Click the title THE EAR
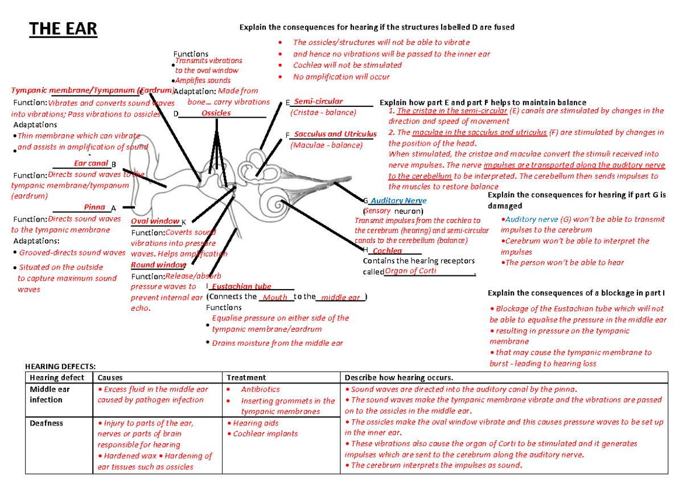pyautogui.click(x=63, y=29)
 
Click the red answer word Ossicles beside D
pyautogui.click(x=216, y=113)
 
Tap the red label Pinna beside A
pyautogui.click(x=94, y=207)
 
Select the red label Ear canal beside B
pyautogui.click(x=91, y=164)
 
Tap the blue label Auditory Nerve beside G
pyautogui.click(x=398, y=201)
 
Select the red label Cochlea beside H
pyautogui.click(x=388, y=251)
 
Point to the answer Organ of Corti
pyautogui.click(x=410, y=271)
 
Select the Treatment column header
pyautogui.click(x=246, y=377)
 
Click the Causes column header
pyautogui.click(x=110, y=377)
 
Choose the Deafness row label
pyautogui.click(x=47, y=423)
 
